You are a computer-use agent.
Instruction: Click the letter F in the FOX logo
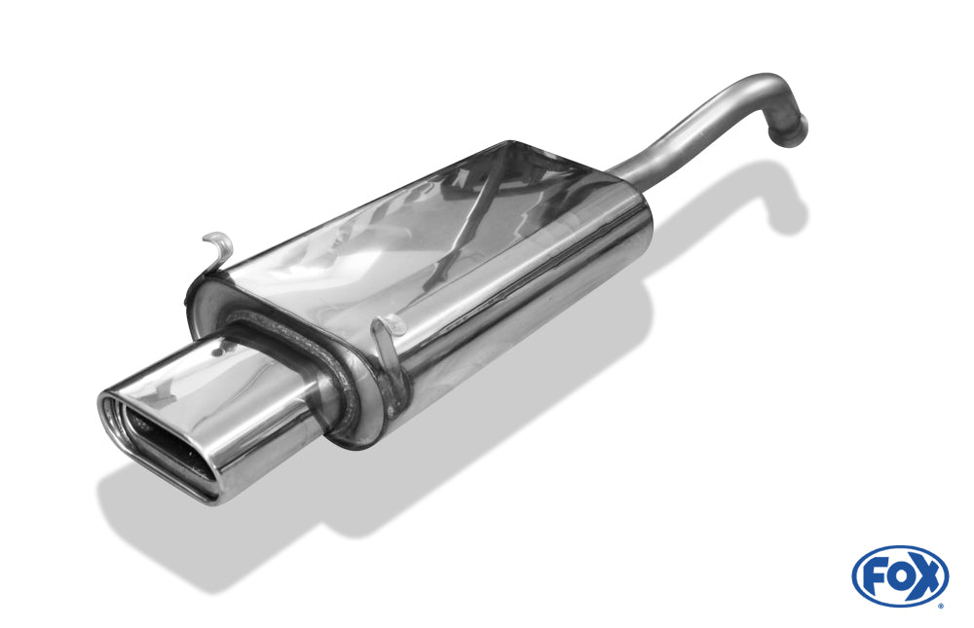(875, 576)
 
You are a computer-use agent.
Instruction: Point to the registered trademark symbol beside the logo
(942, 605)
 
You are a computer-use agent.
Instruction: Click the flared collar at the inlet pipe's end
(788, 130)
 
